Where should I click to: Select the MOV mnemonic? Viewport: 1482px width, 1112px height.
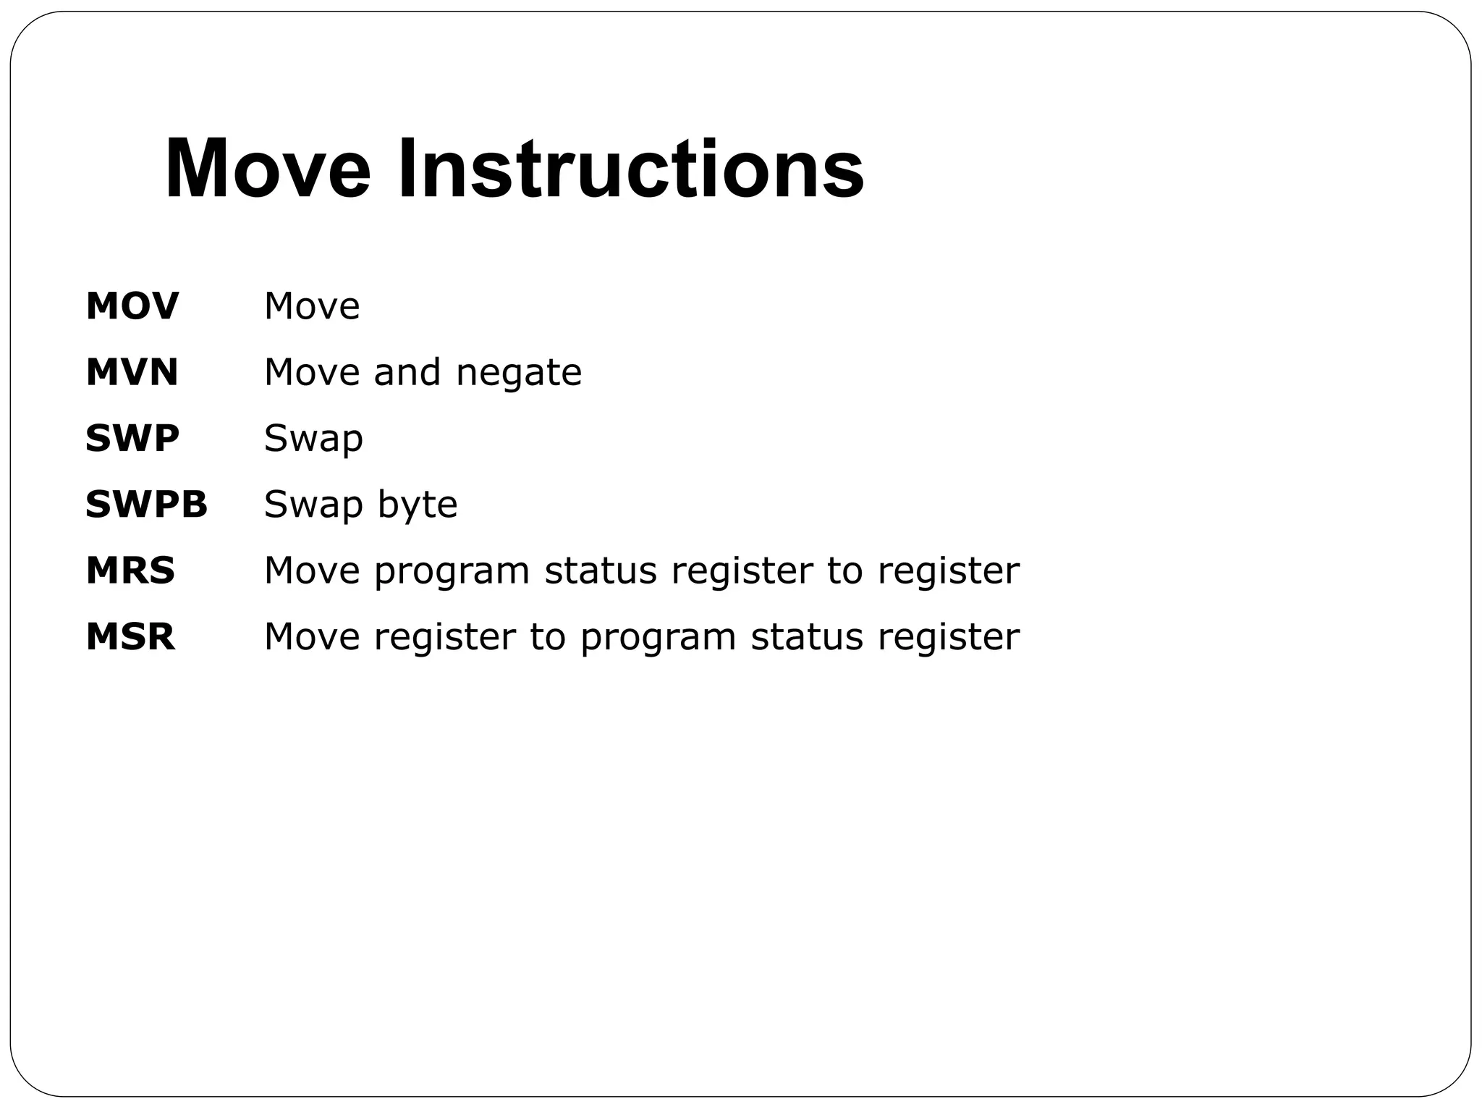(132, 306)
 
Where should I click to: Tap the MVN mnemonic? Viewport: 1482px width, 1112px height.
(132, 373)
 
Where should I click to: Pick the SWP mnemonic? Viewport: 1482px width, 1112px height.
(132, 439)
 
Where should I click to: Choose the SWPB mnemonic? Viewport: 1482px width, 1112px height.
(146, 505)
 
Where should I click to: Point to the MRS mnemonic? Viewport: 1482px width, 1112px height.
(130, 571)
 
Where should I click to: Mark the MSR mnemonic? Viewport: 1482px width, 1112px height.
(130, 637)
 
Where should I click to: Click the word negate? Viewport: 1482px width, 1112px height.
(519, 373)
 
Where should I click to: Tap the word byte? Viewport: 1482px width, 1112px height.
(418, 505)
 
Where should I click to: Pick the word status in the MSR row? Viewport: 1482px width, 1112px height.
(807, 637)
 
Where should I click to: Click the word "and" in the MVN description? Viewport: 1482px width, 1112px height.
(407, 373)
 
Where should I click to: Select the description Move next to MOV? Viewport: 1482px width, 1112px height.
(312, 306)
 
